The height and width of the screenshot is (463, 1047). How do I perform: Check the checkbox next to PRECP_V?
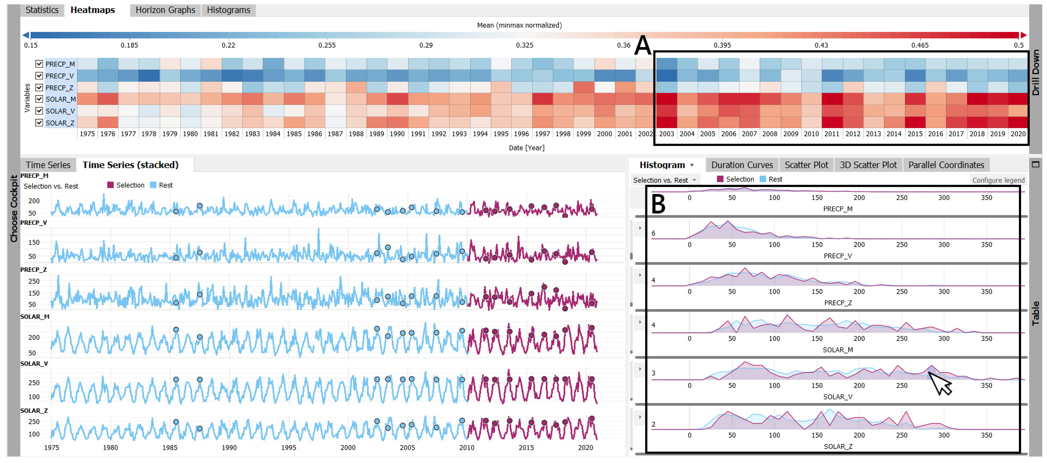(39, 76)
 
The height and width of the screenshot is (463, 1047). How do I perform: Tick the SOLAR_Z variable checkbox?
(39, 123)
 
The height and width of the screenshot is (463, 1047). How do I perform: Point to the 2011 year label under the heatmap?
(832, 134)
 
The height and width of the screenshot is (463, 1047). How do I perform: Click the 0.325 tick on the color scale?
(524, 45)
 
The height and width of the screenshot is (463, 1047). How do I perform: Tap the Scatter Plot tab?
(806, 165)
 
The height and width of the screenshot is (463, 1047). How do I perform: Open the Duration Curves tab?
(742, 165)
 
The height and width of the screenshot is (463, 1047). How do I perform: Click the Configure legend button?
(998, 180)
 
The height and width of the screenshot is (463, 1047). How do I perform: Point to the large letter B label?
(658, 204)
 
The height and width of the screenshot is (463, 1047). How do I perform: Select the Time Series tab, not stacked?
(48, 165)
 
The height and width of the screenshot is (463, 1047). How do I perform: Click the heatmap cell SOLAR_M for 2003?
(667, 99)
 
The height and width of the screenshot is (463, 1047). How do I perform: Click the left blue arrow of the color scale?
(26, 35)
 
